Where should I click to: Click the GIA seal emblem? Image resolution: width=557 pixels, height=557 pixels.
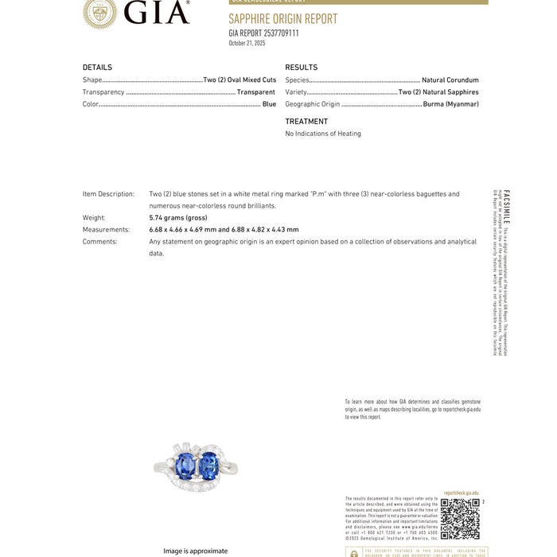tap(99, 12)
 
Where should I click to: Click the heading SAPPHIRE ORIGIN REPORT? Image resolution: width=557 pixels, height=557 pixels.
tap(282, 19)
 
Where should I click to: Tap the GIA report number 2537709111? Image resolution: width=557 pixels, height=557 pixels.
tap(263, 33)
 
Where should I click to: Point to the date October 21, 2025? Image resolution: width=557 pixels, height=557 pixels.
tap(247, 44)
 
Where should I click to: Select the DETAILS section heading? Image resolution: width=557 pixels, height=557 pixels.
tap(97, 68)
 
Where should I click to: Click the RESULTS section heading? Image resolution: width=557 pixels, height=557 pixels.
tap(301, 68)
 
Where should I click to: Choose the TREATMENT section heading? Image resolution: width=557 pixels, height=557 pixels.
tap(306, 122)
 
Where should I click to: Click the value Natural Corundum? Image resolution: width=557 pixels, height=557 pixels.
tap(450, 80)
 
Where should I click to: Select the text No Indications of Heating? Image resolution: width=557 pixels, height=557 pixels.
tap(322, 134)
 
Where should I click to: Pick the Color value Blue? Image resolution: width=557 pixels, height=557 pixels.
tap(269, 104)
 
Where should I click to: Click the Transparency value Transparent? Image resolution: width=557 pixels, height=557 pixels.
tap(256, 92)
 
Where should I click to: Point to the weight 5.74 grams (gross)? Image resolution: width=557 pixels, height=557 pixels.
tap(177, 217)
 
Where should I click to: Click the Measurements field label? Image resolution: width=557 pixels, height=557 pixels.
tap(106, 229)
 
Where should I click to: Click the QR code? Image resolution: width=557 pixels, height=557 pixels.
tap(460, 519)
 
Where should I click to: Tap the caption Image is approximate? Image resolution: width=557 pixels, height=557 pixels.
tap(195, 551)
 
